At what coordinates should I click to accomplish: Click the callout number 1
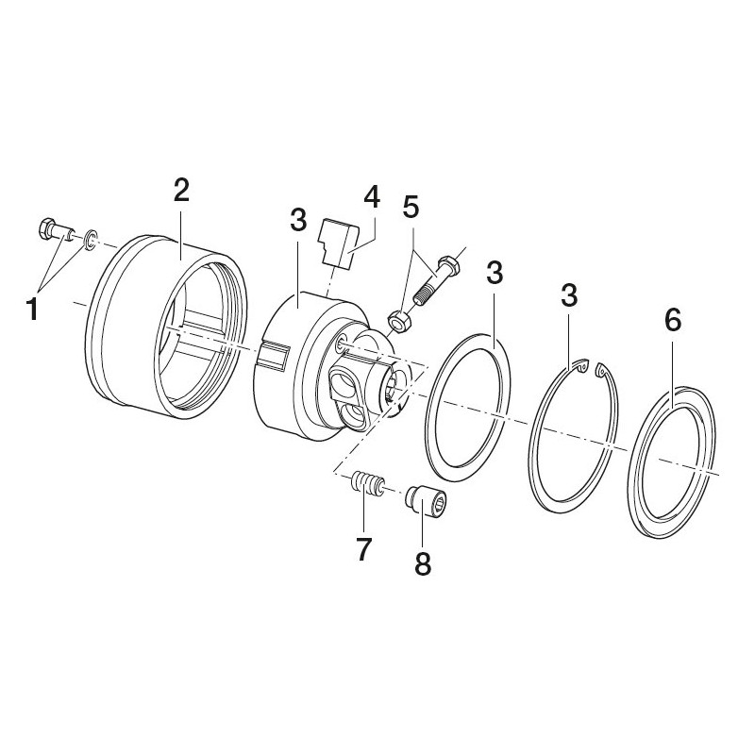[x=32, y=309]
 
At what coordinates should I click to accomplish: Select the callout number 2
[x=181, y=192]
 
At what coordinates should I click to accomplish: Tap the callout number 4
[x=372, y=197]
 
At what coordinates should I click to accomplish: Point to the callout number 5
[x=411, y=207]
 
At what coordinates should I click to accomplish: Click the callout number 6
[x=673, y=320]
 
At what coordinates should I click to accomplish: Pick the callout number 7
[x=363, y=550]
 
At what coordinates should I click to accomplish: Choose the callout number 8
[x=423, y=563]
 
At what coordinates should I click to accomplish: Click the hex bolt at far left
[x=55, y=229]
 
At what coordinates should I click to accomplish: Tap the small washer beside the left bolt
[x=90, y=240]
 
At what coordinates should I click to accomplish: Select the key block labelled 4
[x=339, y=243]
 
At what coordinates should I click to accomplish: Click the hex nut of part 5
[x=399, y=322]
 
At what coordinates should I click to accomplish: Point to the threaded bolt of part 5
[x=437, y=278]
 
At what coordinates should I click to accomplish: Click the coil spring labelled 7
[x=367, y=483]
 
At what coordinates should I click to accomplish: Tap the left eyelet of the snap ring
[x=581, y=366]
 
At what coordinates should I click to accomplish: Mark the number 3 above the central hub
[x=298, y=221]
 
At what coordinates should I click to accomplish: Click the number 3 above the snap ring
[x=569, y=295]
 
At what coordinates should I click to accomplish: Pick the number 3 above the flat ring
[x=495, y=273]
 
